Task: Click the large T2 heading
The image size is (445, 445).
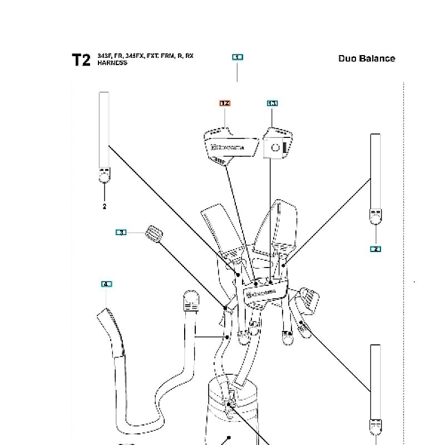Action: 81,60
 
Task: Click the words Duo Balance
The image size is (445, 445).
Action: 367,58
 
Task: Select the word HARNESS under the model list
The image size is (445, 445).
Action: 112,63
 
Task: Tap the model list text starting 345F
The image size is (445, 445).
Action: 145,56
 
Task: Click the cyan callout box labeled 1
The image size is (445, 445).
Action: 238,57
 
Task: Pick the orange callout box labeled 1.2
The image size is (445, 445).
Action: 225,103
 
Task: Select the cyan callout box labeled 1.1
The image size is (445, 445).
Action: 272,103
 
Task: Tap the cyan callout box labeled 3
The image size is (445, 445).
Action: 121,232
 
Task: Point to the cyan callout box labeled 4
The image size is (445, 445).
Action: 107,284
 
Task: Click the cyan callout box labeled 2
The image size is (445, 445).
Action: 375,249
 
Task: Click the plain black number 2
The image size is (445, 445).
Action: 104,206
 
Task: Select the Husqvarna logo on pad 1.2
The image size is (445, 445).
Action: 227,147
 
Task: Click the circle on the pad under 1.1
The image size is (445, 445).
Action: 275,147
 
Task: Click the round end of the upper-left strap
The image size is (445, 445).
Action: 104,177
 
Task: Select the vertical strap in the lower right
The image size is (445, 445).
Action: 376,384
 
